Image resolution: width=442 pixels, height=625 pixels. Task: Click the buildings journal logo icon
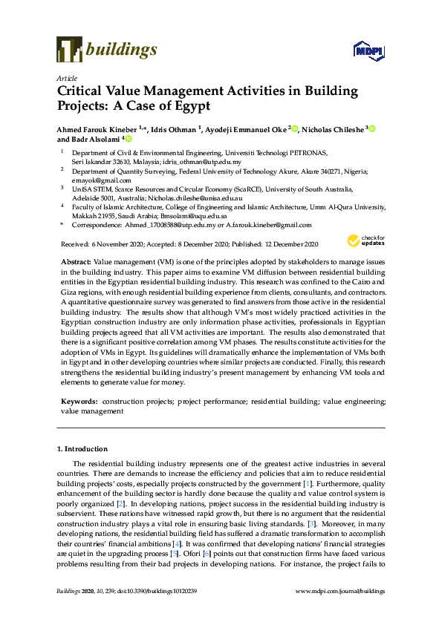(68, 49)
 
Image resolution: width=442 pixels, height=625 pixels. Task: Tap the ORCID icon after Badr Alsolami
(129, 140)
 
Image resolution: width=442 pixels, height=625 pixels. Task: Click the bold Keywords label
(79, 401)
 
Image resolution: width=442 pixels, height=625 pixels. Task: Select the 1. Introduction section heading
(82, 449)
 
